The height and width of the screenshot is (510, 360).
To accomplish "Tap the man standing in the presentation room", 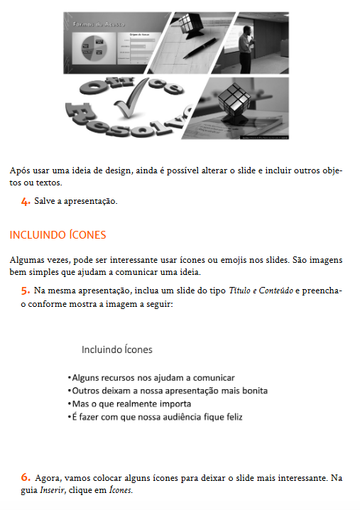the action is tap(247, 48).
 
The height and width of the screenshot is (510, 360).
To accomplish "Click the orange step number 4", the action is tap(26, 201).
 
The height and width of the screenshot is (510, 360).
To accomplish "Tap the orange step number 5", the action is tap(26, 291).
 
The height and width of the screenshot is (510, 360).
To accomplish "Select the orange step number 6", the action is tap(26, 477).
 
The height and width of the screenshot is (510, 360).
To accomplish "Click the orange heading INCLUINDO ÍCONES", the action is tap(58, 234).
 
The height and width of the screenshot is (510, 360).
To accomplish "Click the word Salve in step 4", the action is tap(44, 201).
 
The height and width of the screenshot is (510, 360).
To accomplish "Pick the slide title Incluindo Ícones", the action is tap(116, 349).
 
